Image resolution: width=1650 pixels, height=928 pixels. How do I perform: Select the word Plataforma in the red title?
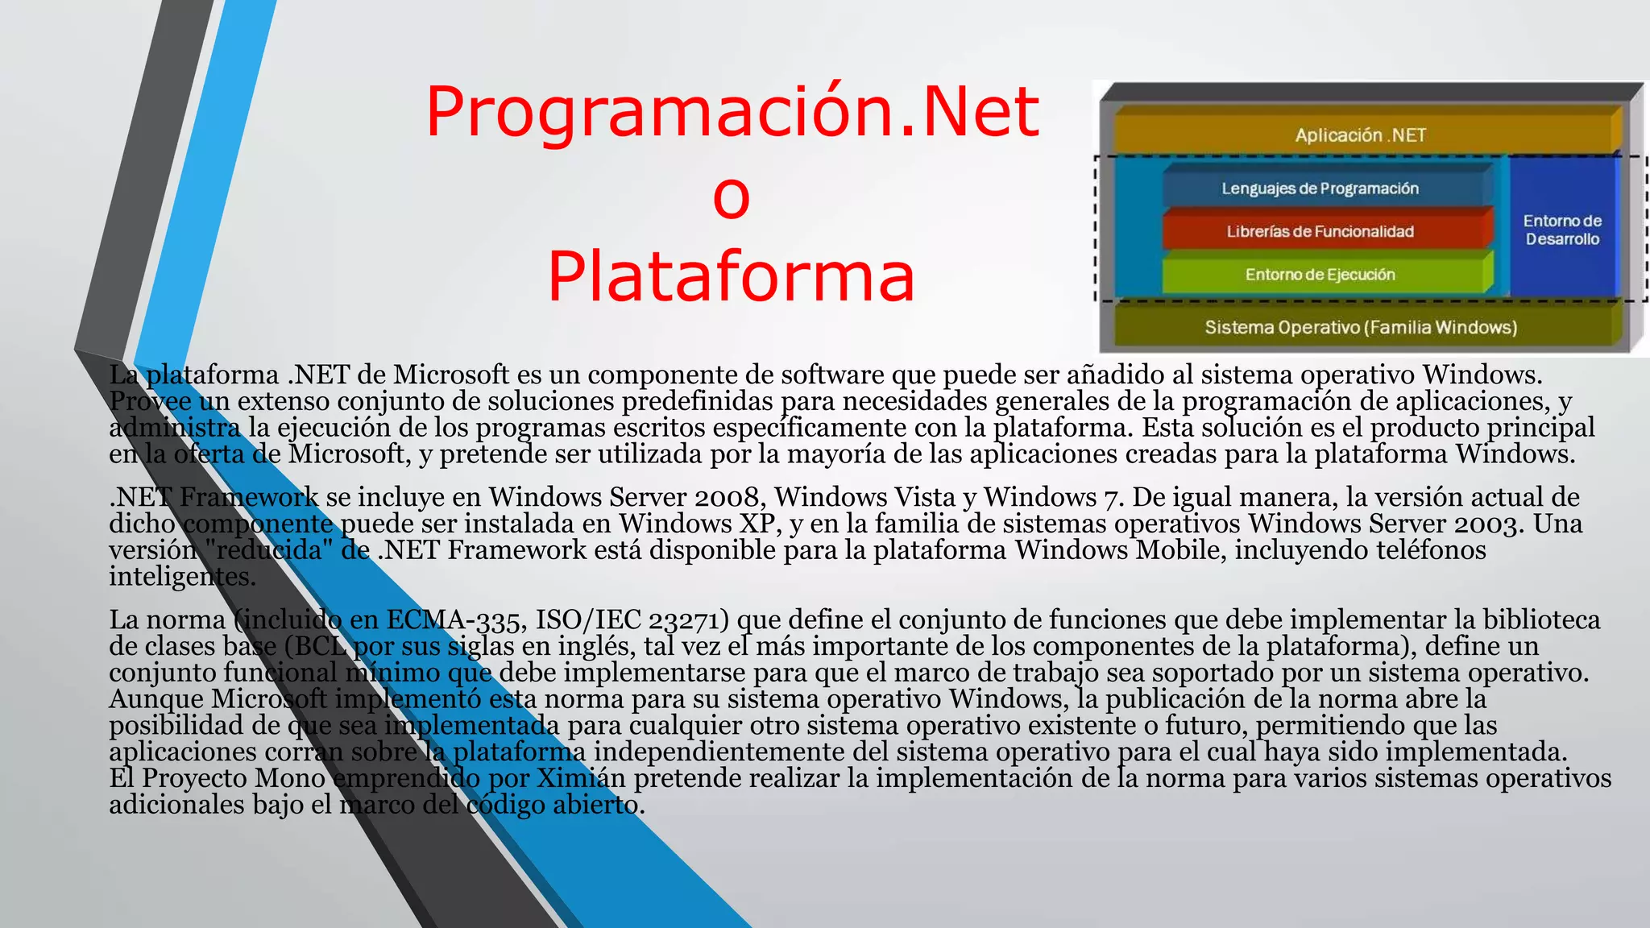click(732, 276)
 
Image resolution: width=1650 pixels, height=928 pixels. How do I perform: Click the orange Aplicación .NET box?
click(1360, 135)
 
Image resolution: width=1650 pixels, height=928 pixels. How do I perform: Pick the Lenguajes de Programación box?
click(1320, 188)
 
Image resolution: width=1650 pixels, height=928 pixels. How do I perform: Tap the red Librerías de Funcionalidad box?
click(1320, 231)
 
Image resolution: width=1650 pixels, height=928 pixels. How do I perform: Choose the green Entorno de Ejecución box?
click(1320, 275)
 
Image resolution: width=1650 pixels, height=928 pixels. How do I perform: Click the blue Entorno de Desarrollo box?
click(1561, 230)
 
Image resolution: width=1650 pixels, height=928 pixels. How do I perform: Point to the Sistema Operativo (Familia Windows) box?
click(1360, 327)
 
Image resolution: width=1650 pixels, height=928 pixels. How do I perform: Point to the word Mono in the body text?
click(290, 778)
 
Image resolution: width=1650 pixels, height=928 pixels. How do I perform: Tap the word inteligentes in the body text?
click(182, 577)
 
